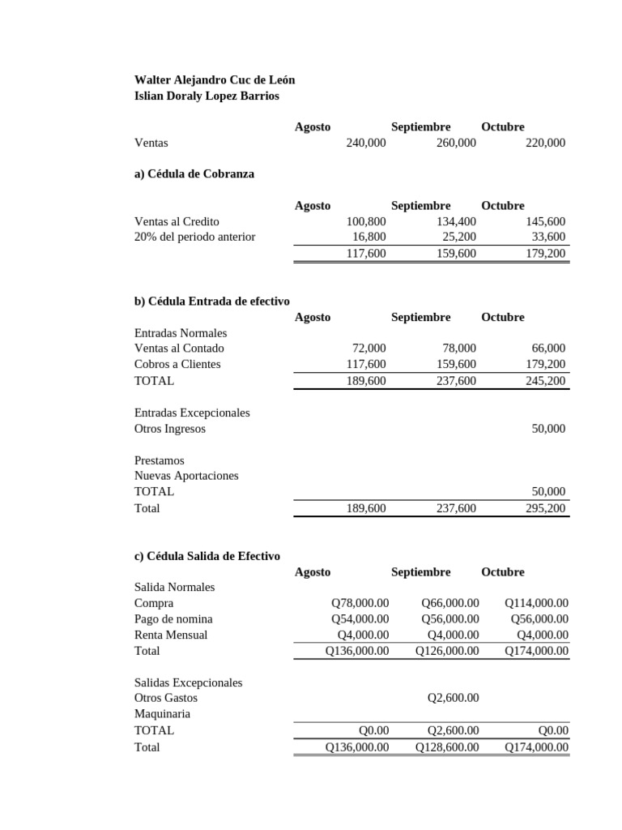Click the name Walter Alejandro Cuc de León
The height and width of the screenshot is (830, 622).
pos(214,79)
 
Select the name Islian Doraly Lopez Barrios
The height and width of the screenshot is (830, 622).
pos(206,96)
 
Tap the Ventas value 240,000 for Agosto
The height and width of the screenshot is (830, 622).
pos(365,143)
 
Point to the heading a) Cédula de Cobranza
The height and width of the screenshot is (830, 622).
pos(194,173)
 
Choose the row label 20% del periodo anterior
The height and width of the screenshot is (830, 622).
pos(194,237)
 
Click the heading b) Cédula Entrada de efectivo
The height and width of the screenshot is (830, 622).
pos(211,301)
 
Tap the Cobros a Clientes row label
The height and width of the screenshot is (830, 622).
pos(177,364)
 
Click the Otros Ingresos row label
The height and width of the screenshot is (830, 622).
pos(169,429)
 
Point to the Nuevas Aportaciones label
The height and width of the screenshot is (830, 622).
pos(186,476)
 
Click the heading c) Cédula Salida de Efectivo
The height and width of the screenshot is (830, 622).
pos(207,556)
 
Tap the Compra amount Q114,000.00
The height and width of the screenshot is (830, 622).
pos(536,603)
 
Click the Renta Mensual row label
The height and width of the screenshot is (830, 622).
pos(170,635)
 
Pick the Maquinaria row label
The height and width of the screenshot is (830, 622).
pos(162,714)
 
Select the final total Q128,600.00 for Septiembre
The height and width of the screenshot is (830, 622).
pos(447,747)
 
